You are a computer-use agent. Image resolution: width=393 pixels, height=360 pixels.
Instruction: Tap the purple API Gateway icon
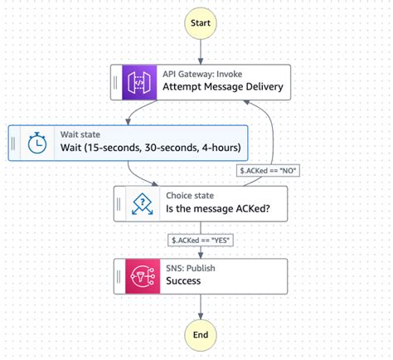[x=138, y=82]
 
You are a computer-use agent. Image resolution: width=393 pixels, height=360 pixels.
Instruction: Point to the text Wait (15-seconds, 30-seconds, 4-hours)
[x=150, y=149]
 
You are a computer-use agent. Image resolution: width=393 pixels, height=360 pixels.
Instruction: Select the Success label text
[x=183, y=281]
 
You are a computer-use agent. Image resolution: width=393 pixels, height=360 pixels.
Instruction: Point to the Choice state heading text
[x=192, y=195]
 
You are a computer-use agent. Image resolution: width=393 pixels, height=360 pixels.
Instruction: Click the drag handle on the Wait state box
[x=14, y=143]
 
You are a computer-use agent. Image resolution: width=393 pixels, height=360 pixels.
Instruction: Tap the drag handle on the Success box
[x=119, y=275]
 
